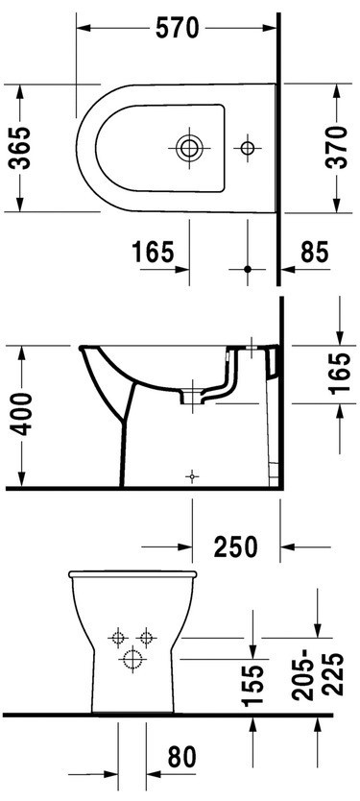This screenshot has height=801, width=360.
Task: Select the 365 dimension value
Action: [x=21, y=148]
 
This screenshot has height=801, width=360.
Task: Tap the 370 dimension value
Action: [x=337, y=148]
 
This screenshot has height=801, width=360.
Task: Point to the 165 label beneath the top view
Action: [x=154, y=252]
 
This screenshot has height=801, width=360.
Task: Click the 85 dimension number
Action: [x=315, y=252]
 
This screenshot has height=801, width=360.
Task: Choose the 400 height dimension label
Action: [x=21, y=414]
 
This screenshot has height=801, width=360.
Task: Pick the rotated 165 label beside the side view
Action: [x=340, y=372]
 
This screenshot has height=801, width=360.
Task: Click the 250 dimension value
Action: [x=236, y=547]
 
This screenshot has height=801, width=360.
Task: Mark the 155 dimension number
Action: [x=253, y=686]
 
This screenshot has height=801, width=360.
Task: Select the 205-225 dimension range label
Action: [x=318, y=675]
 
